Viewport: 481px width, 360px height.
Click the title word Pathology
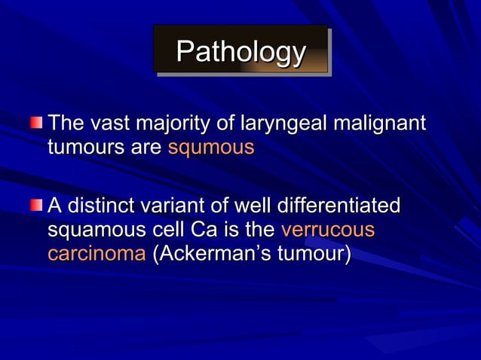click(240, 51)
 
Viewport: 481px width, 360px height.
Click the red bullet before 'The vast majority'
click(36, 122)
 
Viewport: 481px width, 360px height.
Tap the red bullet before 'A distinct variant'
click(36, 204)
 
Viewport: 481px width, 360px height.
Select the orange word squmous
click(210, 146)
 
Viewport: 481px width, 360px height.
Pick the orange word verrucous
click(327, 228)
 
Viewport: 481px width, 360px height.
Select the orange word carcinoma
click(97, 252)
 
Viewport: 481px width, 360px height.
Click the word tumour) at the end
click(314, 252)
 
